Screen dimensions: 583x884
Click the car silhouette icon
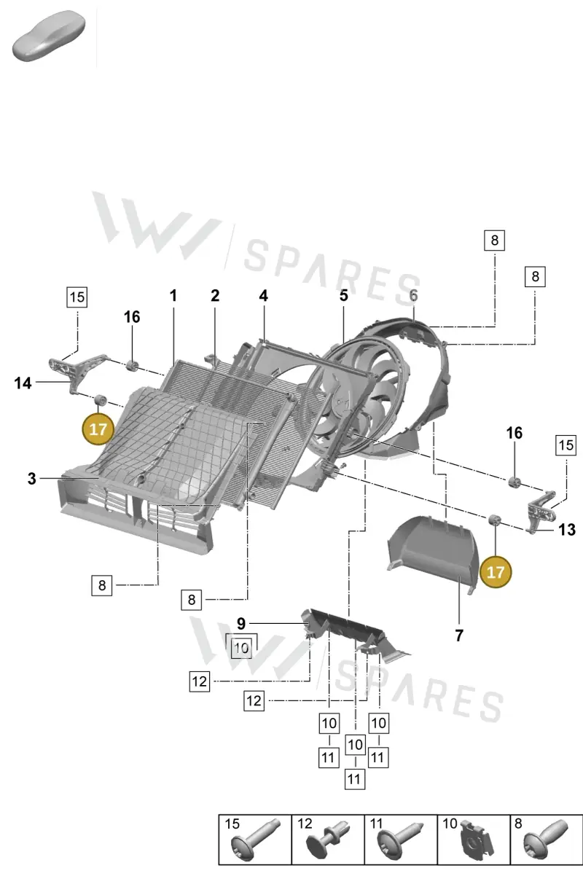pyautogui.click(x=48, y=36)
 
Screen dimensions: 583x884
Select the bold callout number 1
pyautogui.click(x=173, y=296)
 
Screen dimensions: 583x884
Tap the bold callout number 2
pyautogui.click(x=215, y=296)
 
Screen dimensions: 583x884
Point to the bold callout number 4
pyautogui.click(x=264, y=296)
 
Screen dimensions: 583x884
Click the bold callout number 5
pyautogui.click(x=344, y=296)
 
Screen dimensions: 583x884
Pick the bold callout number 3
pyautogui.click(x=32, y=479)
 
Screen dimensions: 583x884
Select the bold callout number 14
pyautogui.click(x=23, y=383)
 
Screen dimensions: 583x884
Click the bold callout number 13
pyautogui.click(x=567, y=530)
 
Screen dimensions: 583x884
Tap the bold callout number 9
pyautogui.click(x=241, y=624)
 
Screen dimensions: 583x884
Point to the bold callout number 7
pyautogui.click(x=459, y=635)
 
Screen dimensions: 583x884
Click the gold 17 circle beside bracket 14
pyautogui.click(x=98, y=429)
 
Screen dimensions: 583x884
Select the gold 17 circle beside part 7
pyautogui.click(x=496, y=572)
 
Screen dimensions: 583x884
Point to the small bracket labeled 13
pyautogui.click(x=541, y=510)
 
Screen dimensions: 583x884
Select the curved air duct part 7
pyautogui.click(x=433, y=552)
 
